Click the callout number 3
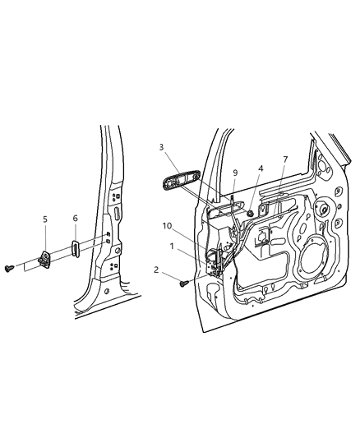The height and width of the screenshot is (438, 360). tap(162, 147)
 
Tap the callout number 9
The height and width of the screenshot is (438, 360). tap(235, 173)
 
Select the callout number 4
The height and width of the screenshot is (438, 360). tap(260, 168)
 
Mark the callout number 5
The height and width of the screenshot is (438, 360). tap(45, 219)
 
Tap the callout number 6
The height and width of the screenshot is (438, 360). tap(76, 219)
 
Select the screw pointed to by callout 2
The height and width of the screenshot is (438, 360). tap(184, 284)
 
